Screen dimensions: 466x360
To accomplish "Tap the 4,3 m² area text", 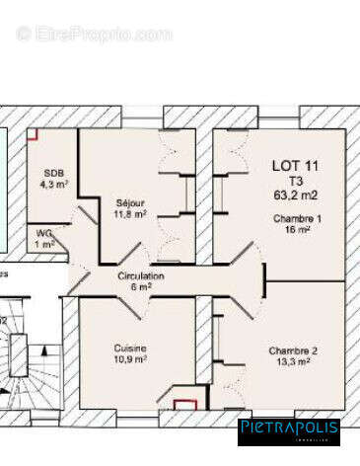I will (x=53, y=184).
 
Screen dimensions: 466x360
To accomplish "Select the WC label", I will (x=44, y=232).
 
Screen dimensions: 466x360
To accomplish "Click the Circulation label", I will (x=141, y=276).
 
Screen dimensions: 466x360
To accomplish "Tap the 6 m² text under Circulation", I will (x=141, y=287).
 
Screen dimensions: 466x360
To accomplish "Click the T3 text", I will (x=295, y=181).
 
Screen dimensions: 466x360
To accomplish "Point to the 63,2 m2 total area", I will (x=295, y=195).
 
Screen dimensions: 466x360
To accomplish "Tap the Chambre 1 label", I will (x=297, y=218).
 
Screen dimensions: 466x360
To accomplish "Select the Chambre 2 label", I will (x=293, y=350).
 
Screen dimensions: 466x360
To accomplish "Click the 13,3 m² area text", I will (x=293, y=362).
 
